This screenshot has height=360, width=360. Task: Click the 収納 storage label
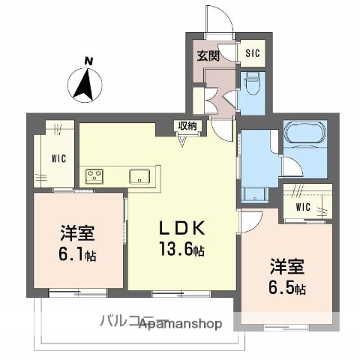coord(188,126)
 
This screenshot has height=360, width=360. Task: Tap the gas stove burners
coord(95,176)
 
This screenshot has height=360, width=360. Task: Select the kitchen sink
coord(140,176)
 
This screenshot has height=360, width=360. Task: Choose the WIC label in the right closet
coord(304,206)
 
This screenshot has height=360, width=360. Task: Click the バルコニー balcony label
coord(124,322)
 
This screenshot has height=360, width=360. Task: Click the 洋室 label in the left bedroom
coord(76,231)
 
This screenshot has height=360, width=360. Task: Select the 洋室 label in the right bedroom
coord(288,266)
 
